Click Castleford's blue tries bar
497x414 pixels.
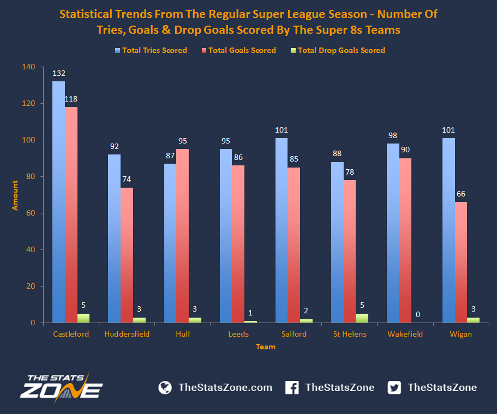[59, 202]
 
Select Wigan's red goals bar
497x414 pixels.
[461, 263]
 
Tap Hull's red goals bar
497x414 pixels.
[183, 236]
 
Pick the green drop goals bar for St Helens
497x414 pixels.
[362, 318]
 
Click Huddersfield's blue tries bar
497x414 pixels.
[114, 238]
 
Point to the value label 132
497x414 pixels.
[59, 73]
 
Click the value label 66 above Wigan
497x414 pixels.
[461, 194]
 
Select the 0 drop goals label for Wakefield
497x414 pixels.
[418, 315]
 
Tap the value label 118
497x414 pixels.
[71, 99]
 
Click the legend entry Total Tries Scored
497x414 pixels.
[151, 50]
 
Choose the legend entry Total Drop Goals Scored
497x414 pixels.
[338, 50]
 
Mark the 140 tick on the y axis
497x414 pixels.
[29, 67]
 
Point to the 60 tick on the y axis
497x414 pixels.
[31, 213]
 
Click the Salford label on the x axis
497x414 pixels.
[294, 334]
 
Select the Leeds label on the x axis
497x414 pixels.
[238, 334]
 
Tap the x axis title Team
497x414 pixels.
[266, 347]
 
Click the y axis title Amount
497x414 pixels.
[15, 195]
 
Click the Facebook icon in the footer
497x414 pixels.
[292, 387]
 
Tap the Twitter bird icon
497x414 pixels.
[394, 387]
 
